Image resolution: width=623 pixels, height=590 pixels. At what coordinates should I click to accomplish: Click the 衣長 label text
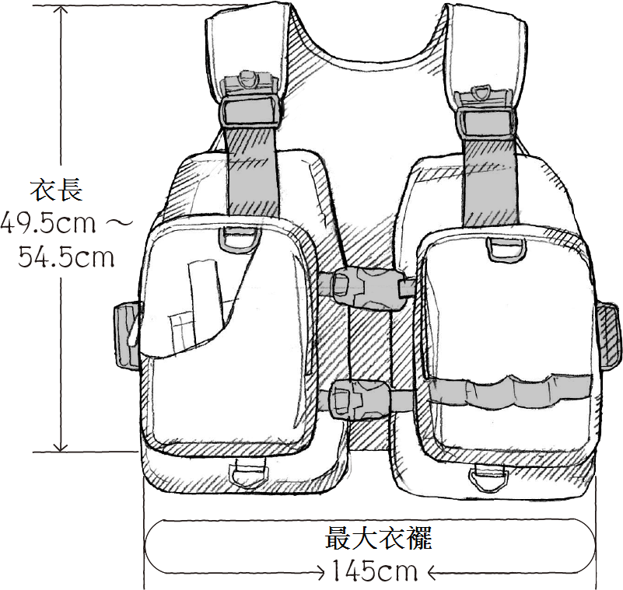click(57, 190)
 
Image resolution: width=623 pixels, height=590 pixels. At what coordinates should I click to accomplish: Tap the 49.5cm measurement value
click(48, 223)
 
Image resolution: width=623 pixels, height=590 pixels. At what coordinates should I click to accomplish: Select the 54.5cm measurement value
click(66, 257)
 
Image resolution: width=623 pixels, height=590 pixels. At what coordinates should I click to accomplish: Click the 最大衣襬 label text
click(378, 539)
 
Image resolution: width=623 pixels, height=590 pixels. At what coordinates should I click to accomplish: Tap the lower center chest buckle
click(359, 399)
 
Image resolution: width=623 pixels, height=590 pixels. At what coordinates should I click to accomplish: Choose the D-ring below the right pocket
click(489, 478)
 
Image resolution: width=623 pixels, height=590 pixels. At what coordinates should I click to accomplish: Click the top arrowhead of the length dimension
click(61, 9)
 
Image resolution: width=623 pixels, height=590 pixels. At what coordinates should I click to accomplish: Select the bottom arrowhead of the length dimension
click(61, 447)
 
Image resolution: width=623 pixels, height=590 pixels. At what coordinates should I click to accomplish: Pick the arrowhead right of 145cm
click(432, 573)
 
